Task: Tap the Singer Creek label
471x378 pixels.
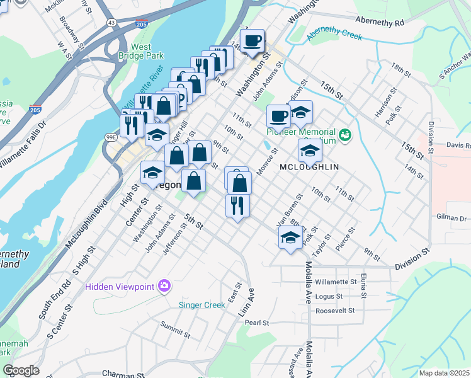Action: point(202,305)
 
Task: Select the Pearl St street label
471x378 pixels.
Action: point(257,323)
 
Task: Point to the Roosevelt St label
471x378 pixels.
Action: point(336,311)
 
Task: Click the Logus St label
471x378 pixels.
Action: point(329,296)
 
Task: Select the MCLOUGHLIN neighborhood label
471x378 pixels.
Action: point(309,167)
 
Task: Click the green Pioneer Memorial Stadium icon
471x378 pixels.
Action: point(344,134)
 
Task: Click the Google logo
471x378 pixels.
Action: point(21,370)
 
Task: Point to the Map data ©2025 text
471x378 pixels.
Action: point(444,373)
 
